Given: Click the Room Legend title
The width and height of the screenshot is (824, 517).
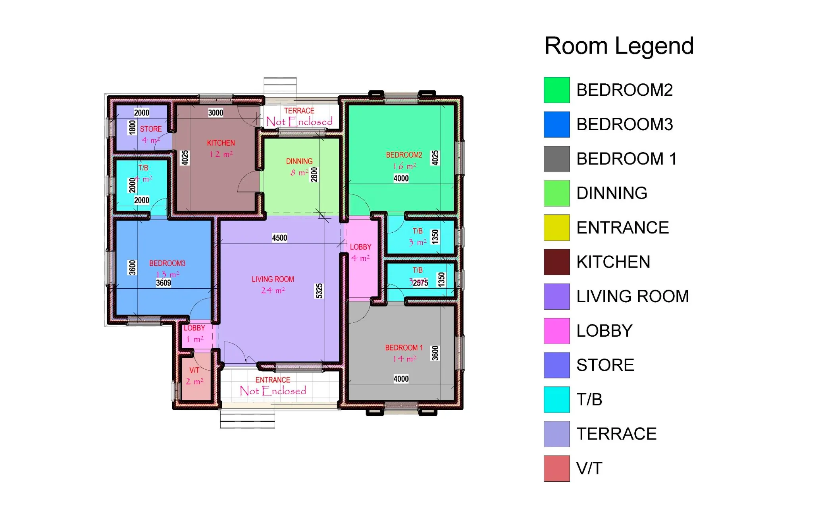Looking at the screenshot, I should click(619, 46).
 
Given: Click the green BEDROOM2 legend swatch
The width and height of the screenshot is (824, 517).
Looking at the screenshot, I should click(556, 90).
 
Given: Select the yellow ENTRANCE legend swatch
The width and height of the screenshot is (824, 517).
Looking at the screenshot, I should click(556, 228).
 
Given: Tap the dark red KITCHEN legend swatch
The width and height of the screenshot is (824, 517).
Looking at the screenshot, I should click(556, 262).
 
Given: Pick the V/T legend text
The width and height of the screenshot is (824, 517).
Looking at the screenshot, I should click(589, 469).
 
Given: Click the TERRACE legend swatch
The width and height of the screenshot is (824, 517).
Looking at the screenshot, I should click(556, 434).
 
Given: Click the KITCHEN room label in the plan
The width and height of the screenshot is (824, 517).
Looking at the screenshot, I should click(221, 143).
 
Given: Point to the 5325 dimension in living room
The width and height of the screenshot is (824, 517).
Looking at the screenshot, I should click(319, 291).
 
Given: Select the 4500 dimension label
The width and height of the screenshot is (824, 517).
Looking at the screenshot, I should click(279, 238).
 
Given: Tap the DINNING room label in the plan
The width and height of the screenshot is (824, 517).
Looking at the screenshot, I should click(299, 161).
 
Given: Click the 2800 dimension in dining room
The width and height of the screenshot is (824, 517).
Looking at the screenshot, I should click(314, 175).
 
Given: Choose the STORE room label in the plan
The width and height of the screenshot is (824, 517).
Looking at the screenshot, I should click(151, 129).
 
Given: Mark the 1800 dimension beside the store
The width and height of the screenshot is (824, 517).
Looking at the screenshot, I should click(132, 127).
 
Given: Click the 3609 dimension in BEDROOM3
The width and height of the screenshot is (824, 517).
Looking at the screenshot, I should click(163, 283).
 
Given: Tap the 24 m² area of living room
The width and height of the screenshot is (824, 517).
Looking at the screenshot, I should click(273, 291).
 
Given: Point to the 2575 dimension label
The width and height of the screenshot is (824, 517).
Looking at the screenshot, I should click(420, 283).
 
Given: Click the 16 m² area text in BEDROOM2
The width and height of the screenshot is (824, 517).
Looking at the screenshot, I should click(404, 166).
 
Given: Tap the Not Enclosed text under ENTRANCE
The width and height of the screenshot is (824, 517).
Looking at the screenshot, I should click(273, 391).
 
